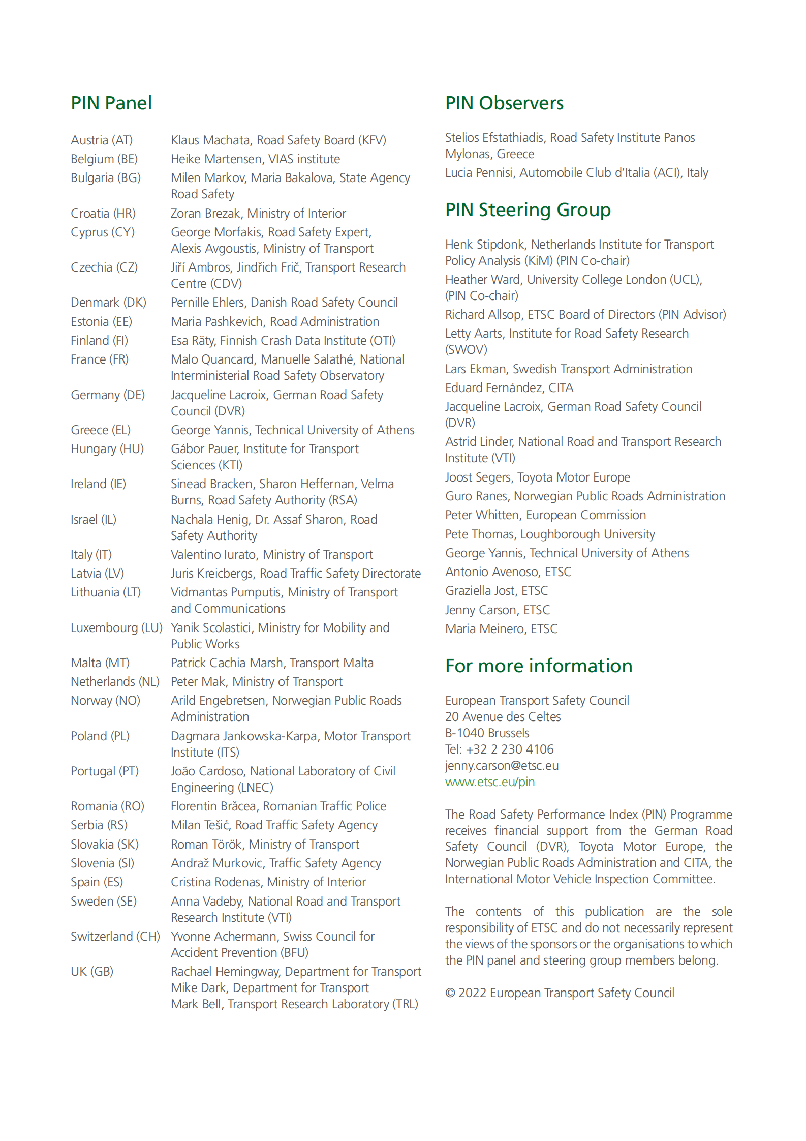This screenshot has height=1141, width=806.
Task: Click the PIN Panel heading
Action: [111, 103]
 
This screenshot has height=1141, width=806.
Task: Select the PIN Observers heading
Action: [504, 103]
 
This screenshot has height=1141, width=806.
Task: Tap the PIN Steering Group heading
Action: [528, 210]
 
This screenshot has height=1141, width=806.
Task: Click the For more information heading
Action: [539, 666]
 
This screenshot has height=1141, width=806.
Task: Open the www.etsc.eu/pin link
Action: [490, 782]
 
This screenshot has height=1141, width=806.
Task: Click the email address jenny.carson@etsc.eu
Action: [502, 766]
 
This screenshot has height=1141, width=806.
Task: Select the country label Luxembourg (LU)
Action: [116, 628]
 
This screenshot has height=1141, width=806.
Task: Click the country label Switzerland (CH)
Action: [115, 937]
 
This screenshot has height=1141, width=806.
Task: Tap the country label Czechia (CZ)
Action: [104, 267]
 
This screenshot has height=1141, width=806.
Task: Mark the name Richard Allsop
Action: [483, 315]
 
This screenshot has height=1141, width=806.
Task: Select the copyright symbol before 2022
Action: [450, 993]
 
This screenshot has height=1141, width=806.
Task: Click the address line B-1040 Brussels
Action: [487, 733]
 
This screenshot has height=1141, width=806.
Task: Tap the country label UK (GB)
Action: [92, 972]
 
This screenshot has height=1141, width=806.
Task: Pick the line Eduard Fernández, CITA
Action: [509, 388]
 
